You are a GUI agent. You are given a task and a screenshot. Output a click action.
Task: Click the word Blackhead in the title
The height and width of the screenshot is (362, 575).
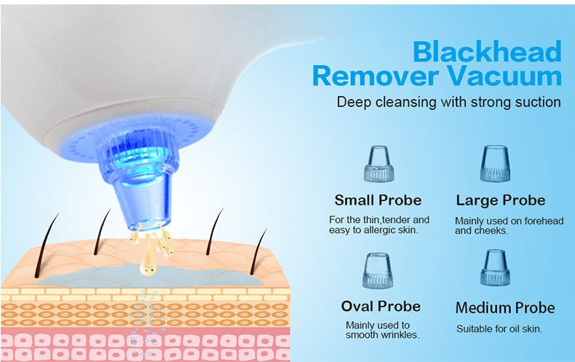(487, 52)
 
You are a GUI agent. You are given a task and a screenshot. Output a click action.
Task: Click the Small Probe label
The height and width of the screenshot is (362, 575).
(378, 200)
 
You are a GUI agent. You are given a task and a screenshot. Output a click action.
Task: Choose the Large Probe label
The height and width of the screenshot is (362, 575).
(500, 200)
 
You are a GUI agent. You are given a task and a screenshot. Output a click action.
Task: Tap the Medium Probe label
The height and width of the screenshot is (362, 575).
(504, 307)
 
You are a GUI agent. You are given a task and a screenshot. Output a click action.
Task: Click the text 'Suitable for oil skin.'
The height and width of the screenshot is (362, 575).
(499, 329)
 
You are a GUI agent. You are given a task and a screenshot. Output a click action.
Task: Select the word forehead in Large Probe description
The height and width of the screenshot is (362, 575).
(541, 221)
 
